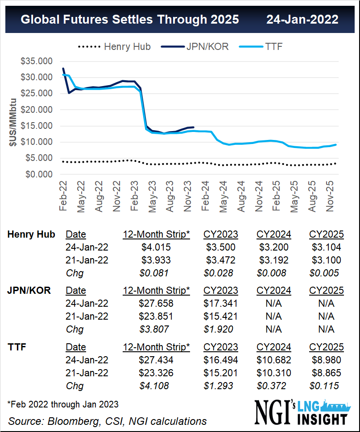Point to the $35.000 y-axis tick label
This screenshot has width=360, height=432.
pyautogui.click(x=37, y=61)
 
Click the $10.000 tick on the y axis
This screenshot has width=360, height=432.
pyautogui.click(x=37, y=142)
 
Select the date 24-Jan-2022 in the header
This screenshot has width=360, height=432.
pyautogui.click(x=302, y=20)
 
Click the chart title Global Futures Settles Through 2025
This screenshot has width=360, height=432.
pyautogui.click(x=130, y=20)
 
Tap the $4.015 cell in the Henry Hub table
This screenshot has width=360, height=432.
pyautogui.click(x=156, y=247)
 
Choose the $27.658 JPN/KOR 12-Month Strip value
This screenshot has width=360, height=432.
pyautogui.click(x=156, y=304)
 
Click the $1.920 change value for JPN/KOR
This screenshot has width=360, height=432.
pyautogui.click(x=220, y=329)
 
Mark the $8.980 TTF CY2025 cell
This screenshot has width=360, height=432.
pyautogui.click(x=326, y=360)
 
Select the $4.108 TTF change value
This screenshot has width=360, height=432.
pyautogui.click(x=156, y=386)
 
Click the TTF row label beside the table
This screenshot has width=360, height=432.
pyautogui.click(x=18, y=347)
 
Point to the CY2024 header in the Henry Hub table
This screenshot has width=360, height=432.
pyautogui.click(x=273, y=235)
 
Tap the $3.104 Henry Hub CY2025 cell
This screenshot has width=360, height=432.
pyautogui.click(x=326, y=247)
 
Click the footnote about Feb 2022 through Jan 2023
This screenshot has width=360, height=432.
pyautogui.click(x=63, y=404)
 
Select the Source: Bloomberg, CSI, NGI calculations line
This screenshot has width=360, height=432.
pyautogui.click(x=108, y=421)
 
